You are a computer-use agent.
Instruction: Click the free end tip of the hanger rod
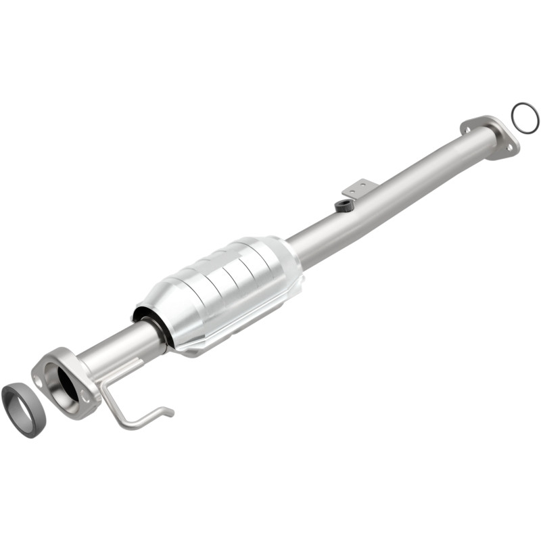click(172, 411)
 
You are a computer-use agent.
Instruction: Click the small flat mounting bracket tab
click(358, 187)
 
